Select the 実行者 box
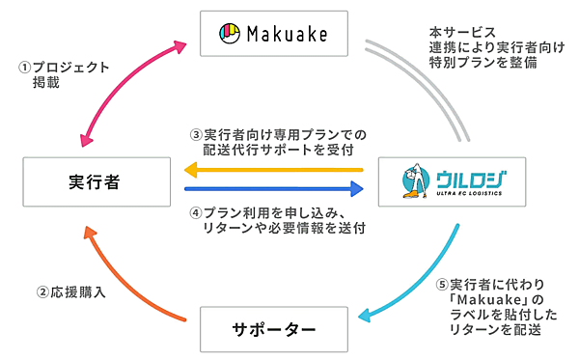[96, 180]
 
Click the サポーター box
[272, 329]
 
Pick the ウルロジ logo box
[452, 180]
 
